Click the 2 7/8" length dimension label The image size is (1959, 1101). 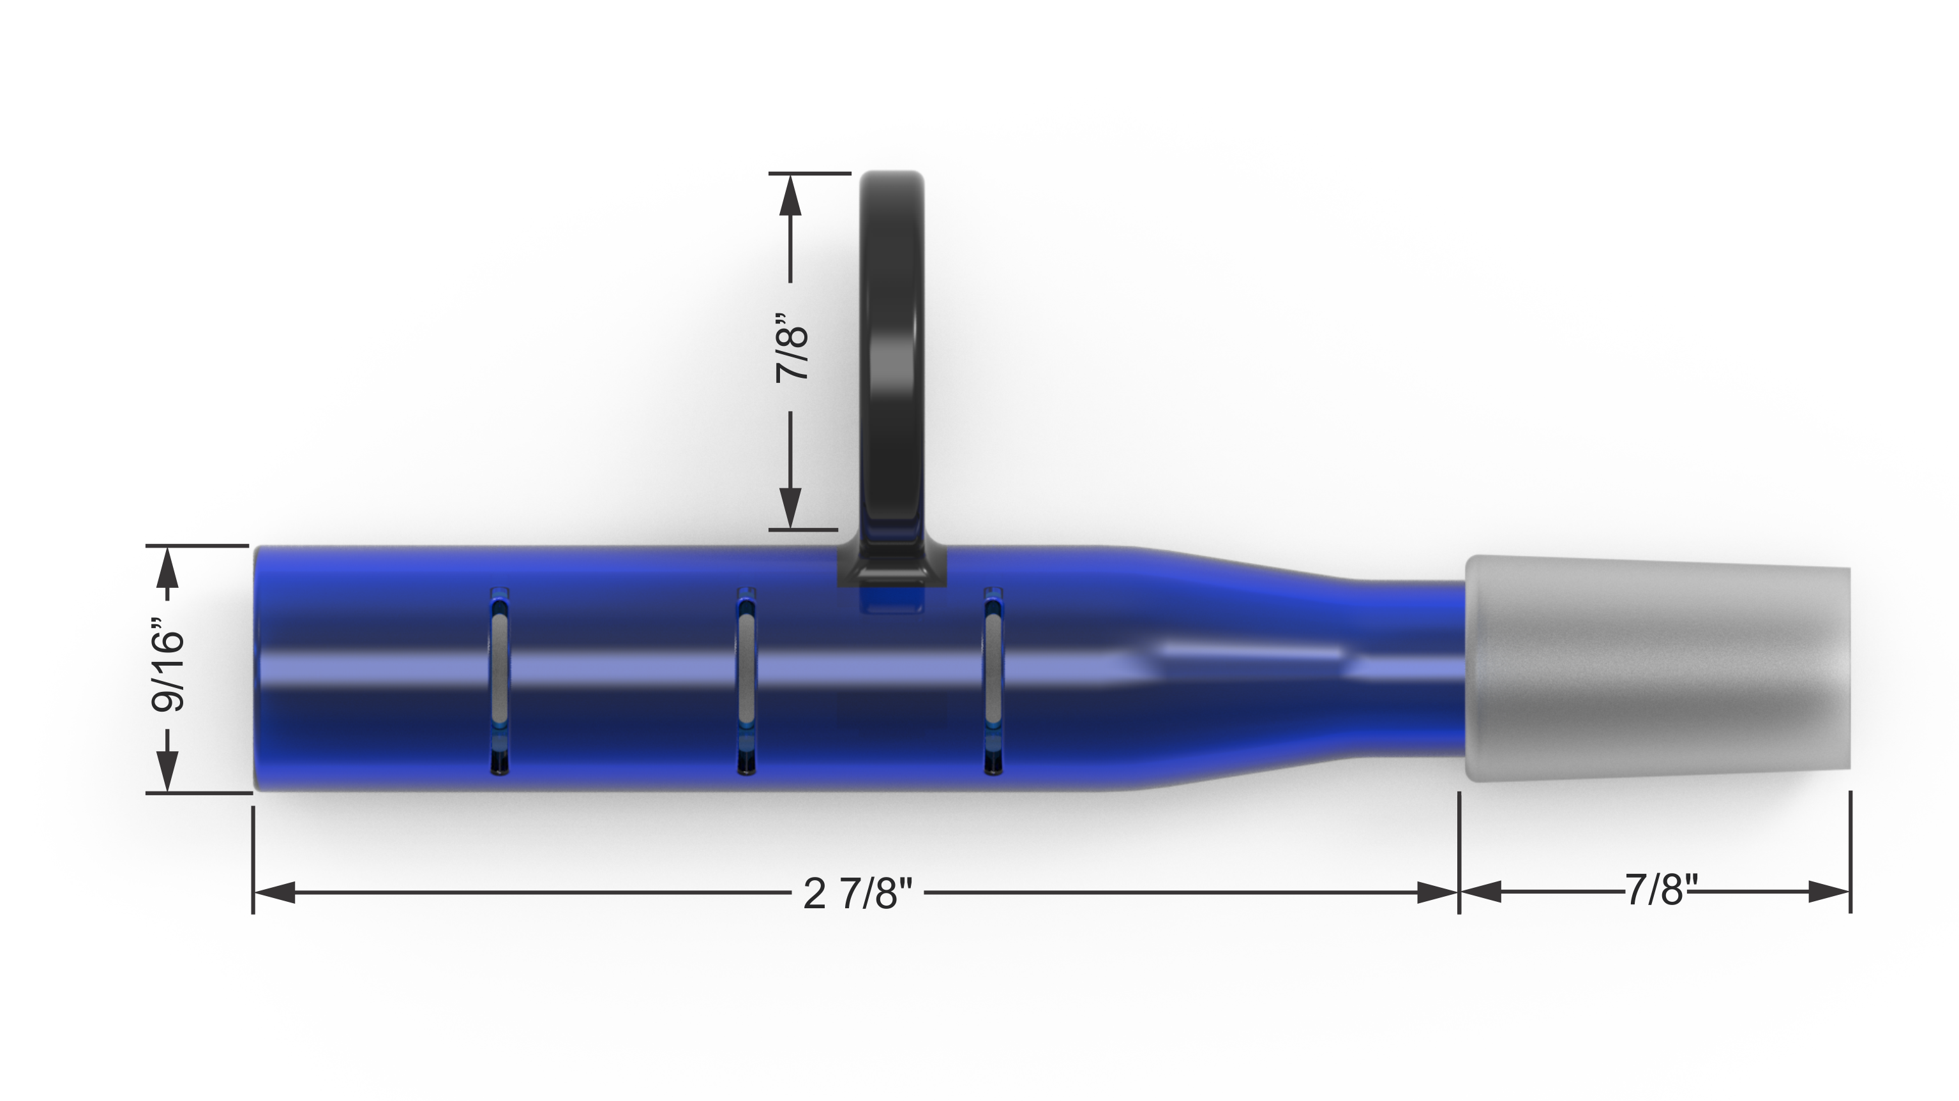click(x=857, y=893)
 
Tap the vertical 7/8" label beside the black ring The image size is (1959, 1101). click(x=792, y=347)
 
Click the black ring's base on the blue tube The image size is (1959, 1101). click(x=892, y=567)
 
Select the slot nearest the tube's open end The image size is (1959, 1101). click(x=500, y=680)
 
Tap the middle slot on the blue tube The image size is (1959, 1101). click(x=746, y=680)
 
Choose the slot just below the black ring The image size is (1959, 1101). click(x=993, y=680)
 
